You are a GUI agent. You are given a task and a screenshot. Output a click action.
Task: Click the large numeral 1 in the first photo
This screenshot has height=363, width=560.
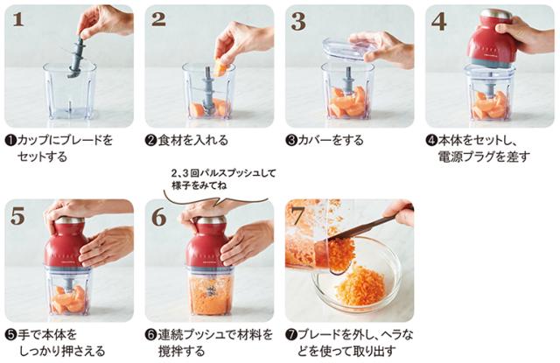18,19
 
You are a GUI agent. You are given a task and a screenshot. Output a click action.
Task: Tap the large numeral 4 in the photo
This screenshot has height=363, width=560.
439,20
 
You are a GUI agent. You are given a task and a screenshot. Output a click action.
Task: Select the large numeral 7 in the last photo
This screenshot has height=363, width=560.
298,215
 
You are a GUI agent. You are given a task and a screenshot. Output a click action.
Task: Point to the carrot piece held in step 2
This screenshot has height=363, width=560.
220,68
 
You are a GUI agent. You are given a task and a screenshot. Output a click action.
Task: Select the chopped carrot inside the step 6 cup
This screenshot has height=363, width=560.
209,295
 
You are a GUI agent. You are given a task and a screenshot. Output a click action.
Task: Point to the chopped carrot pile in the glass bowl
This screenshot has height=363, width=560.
360,290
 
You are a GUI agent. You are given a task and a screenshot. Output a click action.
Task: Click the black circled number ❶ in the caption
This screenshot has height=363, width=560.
10,140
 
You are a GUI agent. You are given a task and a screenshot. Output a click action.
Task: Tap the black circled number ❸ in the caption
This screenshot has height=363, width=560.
291,140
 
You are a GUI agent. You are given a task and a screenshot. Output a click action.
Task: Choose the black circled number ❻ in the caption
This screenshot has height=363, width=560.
151,335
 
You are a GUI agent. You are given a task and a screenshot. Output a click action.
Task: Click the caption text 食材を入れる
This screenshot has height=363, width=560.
192,140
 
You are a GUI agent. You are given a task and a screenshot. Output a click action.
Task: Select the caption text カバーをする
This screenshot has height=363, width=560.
331,140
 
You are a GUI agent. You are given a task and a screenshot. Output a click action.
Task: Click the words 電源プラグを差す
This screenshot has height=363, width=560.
484,157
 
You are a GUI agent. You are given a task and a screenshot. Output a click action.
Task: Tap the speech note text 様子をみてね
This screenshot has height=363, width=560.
199,185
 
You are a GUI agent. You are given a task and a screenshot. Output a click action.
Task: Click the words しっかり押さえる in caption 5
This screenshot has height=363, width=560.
61,351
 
